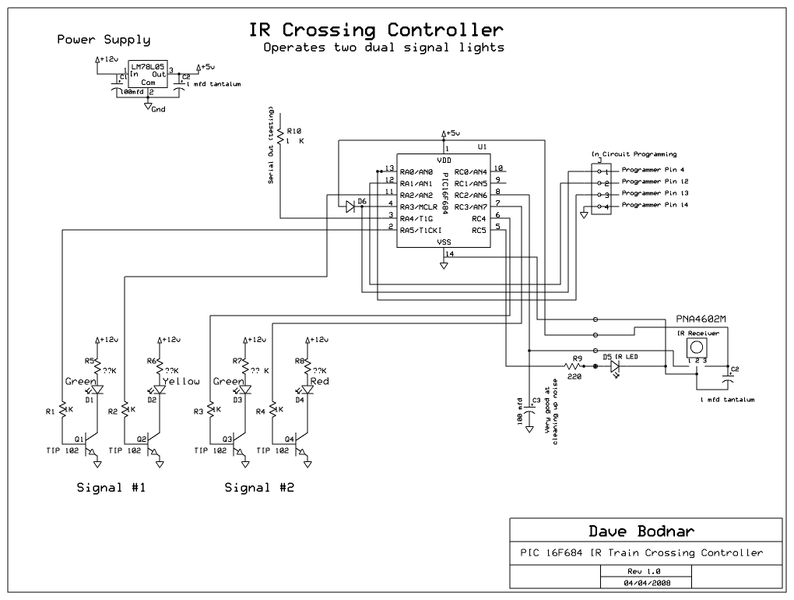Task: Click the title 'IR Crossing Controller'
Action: (375, 30)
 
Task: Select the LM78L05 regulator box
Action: (148, 77)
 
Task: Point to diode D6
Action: (350, 206)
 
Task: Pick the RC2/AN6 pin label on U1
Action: (470, 195)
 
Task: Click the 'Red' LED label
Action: (319, 382)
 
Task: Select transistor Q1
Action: (90, 445)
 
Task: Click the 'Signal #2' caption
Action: (259, 489)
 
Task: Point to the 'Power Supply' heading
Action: (104, 40)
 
